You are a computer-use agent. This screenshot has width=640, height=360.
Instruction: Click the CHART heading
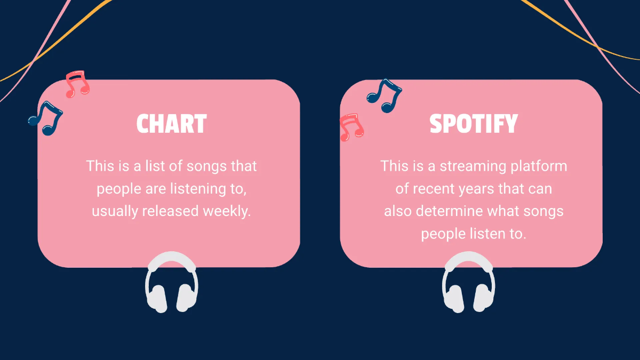[x=171, y=124]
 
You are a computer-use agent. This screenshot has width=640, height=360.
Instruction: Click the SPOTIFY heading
[x=474, y=124]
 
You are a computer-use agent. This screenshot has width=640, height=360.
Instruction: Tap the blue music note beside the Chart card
[x=45, y=118]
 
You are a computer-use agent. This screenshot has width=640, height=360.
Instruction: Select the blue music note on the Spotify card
[x=384, y=95]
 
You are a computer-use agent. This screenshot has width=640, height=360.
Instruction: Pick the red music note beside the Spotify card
[x=351, y=127]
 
